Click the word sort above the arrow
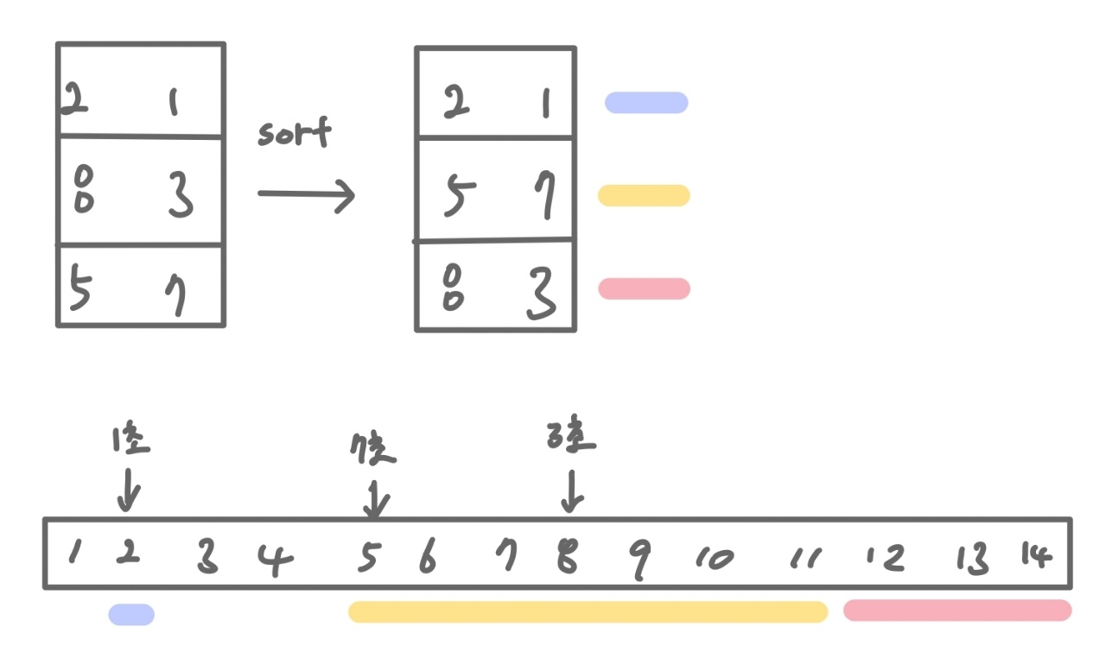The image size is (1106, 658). (x=294, y=135)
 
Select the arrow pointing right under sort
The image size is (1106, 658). (x=306, y=193)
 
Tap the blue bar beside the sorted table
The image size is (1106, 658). (x=646, y=103)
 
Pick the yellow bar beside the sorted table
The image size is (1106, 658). (x=644, y=195)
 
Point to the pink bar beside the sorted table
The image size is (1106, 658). (x=644, y=288)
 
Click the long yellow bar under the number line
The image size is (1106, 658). (x=588, y=611)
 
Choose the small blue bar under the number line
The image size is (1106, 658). (x=131, y=615)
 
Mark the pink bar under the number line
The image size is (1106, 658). (x=957, y=611)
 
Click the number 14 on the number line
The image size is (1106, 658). (x=1036, y=555)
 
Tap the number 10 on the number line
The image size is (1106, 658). (x=715, y=560)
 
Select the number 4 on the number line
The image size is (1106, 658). (x=276, y=560)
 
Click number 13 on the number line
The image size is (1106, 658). (x=972, y=560)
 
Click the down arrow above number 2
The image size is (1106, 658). (x=129, y=489)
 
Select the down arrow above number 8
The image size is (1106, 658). (x=572, y=490)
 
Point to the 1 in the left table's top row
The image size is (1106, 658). (x=173, y=104)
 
